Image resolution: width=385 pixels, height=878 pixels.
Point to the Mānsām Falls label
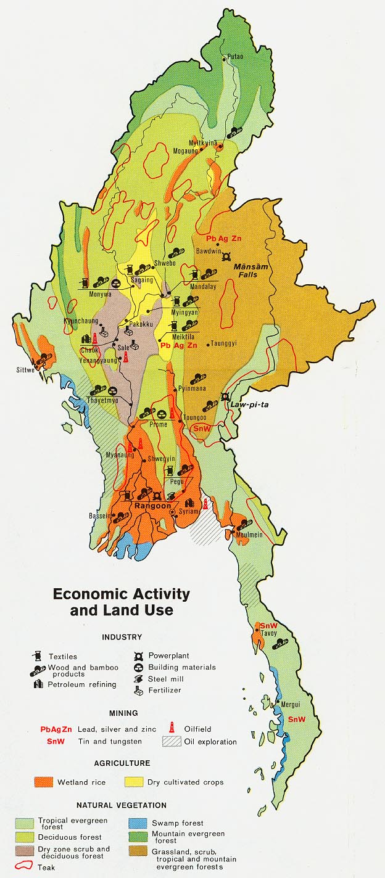click(x=249, y=272)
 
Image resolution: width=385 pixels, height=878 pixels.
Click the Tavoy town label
click(x=268, y=633)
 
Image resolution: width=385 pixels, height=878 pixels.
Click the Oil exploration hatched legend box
click(x=172, y=741)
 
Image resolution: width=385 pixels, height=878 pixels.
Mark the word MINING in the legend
click(x=122, y=713)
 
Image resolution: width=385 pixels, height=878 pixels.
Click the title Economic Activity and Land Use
click(x=121, y=602)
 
